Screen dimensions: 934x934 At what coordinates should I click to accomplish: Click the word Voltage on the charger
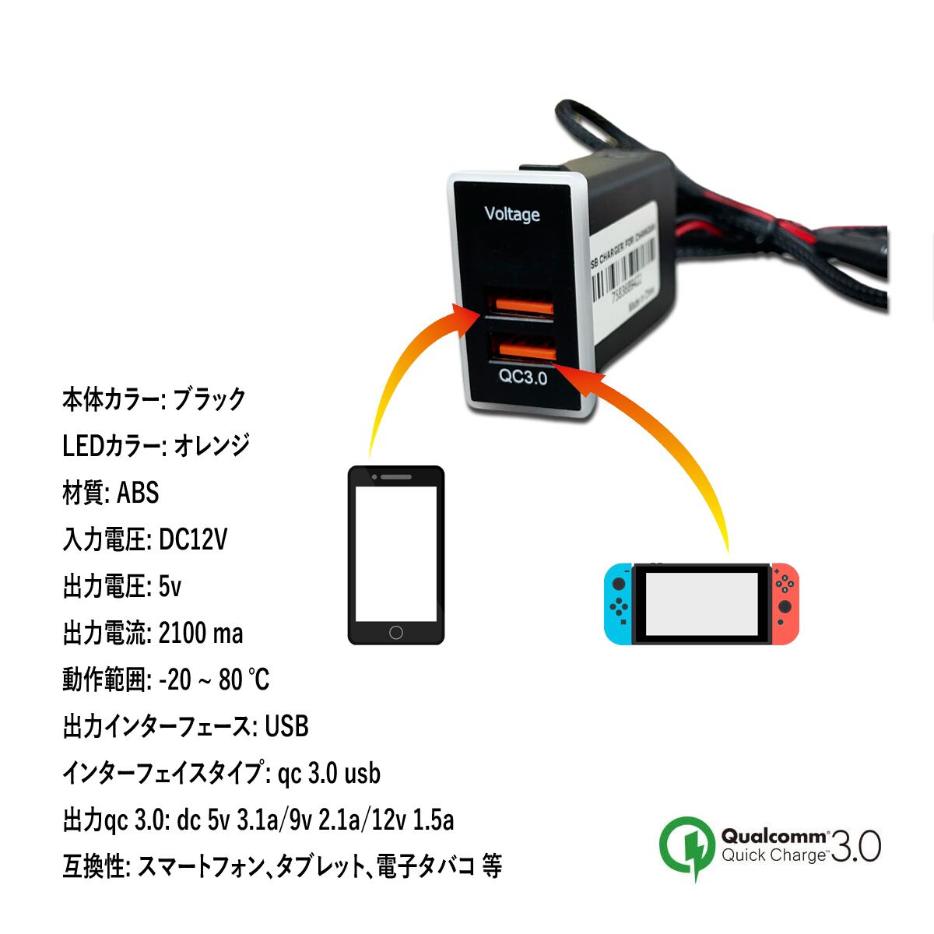(511, 214)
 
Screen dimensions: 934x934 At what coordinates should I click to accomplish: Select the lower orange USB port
(523, 346)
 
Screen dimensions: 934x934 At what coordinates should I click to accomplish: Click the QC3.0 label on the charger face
(523, 378)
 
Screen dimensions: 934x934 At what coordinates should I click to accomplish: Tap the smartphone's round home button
(395, 632)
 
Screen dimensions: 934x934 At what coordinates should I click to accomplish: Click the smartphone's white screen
(395, 553)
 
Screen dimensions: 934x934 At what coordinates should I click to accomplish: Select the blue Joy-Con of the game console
(619, 603)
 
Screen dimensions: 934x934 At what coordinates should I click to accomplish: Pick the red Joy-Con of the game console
(785, 603)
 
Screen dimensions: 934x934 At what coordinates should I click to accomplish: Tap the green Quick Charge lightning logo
(687, 846)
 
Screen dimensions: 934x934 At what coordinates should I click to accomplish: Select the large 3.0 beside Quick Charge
(855, 846)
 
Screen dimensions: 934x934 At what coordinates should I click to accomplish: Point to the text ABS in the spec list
(137, 493)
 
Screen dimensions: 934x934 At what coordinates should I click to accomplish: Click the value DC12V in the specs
(192, 539)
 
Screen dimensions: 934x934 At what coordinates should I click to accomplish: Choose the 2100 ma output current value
(200, 633)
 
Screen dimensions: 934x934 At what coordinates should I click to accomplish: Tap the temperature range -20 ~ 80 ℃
(213, 679)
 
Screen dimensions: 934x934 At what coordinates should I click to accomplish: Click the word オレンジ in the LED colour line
(211, 445)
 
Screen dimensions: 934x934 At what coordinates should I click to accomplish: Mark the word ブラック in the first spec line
(209, 399)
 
